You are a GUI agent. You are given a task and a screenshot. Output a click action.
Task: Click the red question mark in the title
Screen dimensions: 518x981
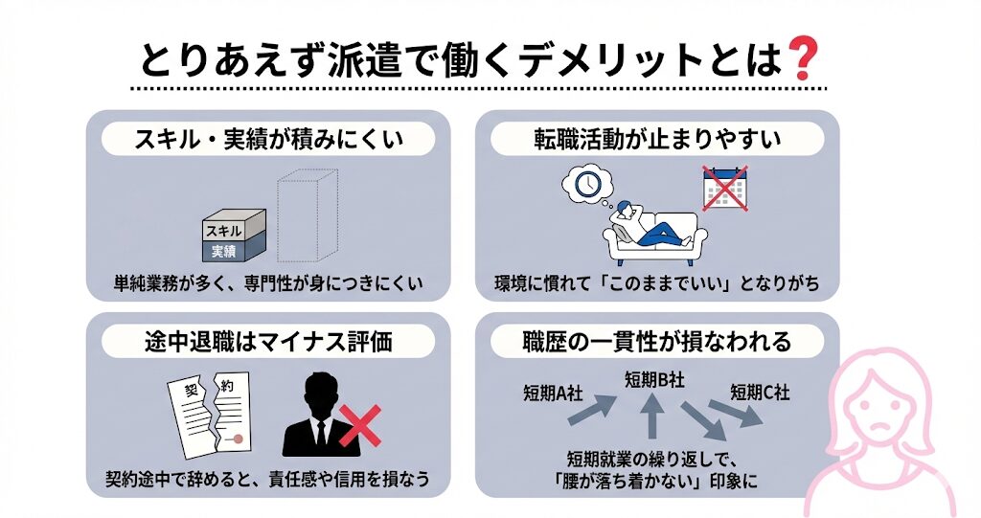click(800, 60)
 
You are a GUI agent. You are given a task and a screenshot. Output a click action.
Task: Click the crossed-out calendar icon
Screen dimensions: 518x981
click(724, 190)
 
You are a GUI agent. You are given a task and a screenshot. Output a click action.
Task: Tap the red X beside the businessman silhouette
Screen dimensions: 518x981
click(357, 427)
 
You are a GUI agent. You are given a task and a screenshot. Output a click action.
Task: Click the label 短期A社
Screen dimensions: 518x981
click(553, 391)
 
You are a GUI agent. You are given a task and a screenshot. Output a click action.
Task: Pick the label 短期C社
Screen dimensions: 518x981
click(760, 391)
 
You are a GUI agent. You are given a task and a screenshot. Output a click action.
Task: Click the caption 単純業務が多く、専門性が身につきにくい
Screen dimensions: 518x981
click(267, 284)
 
